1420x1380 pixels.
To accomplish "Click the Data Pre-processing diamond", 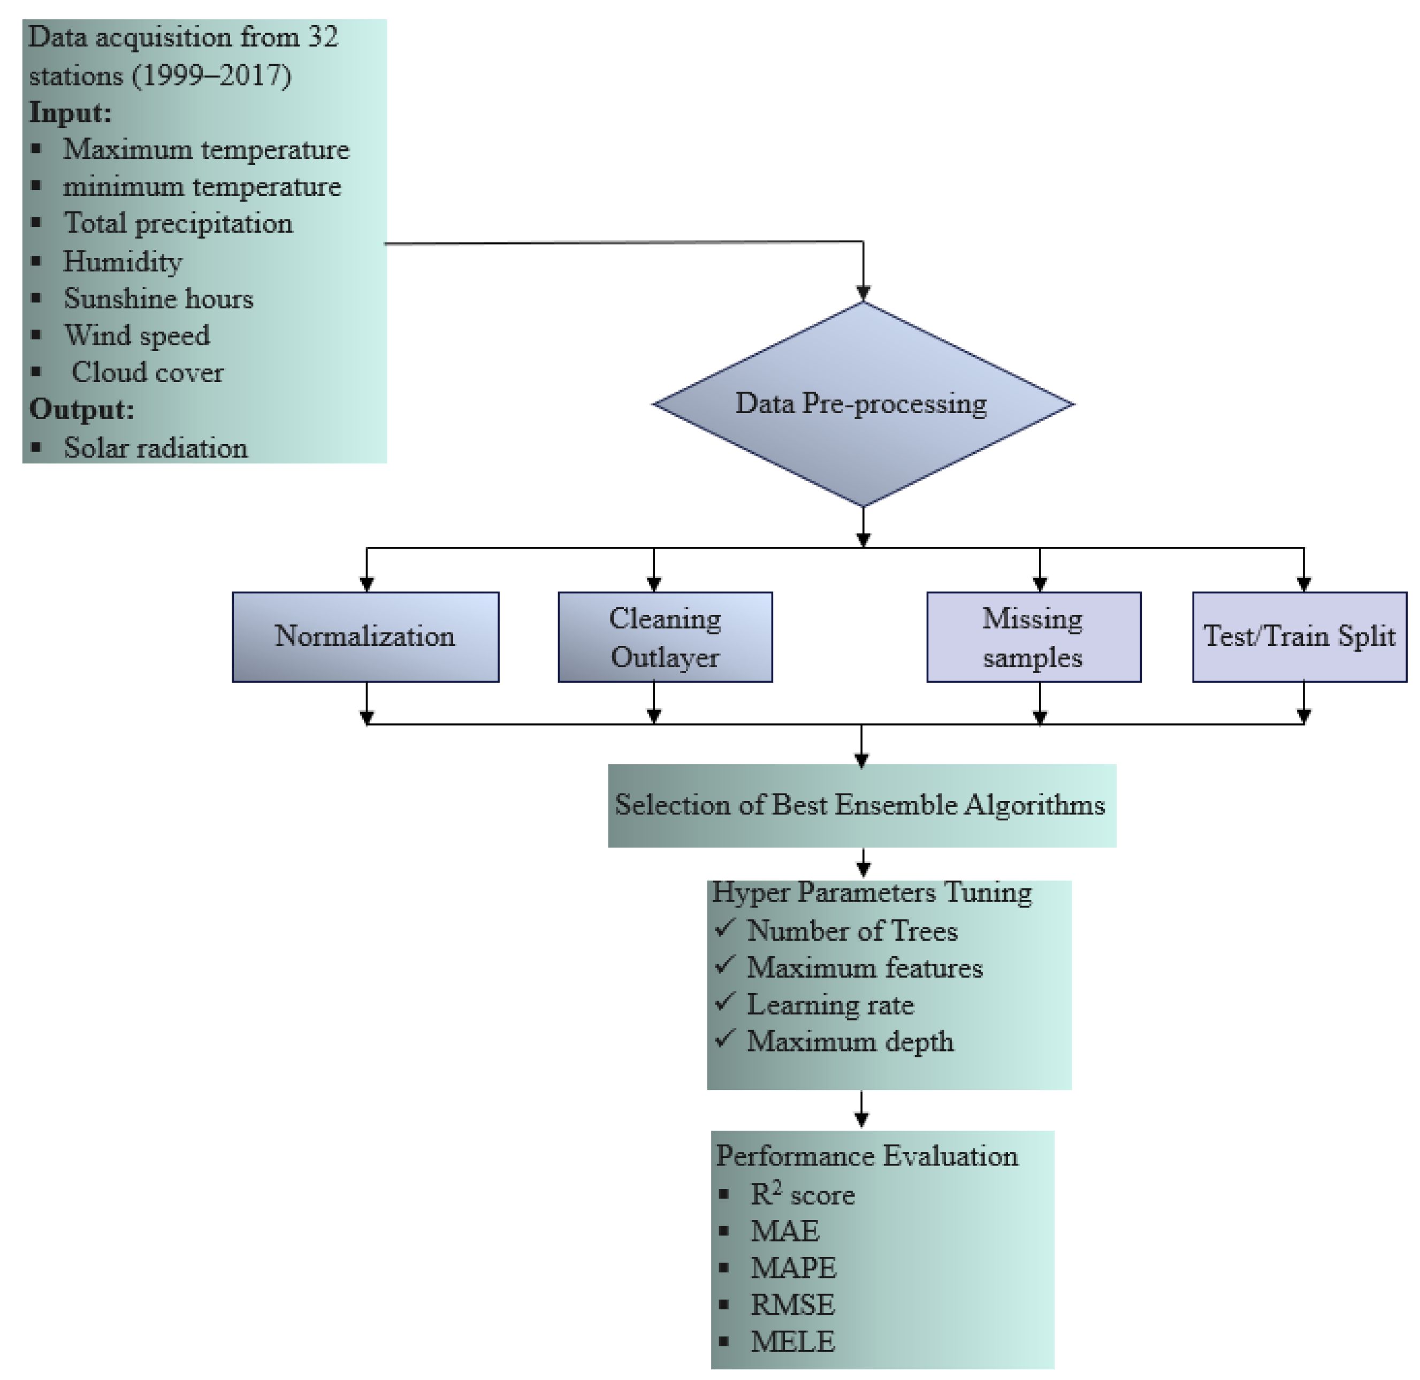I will point(862,403).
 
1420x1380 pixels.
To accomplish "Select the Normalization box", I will point(365,636).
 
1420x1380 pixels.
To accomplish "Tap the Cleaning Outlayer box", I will point(665,636).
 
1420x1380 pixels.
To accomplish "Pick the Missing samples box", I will point(1033,636).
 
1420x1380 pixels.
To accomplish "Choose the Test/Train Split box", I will point(1299,636).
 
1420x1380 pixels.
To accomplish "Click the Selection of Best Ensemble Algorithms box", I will point(861,805).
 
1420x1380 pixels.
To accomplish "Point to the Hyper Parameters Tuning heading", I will point(871,892).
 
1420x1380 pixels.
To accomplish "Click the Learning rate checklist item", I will point(830,1004).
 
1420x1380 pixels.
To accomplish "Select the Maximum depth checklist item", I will point(850,1041).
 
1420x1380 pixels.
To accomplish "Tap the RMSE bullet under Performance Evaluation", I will point(792,1305).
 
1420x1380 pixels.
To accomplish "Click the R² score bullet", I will point(801,1194).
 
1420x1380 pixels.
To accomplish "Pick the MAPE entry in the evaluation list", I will point(793,1268).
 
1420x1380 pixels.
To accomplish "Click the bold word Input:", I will point(70,113).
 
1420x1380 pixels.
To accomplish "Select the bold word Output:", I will point(81,409).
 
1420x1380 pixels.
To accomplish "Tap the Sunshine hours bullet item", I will point(158,299).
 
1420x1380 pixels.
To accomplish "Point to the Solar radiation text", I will point(155,448).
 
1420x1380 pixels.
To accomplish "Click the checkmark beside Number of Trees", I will point(725,928).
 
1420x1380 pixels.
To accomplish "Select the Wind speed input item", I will point(137,336).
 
